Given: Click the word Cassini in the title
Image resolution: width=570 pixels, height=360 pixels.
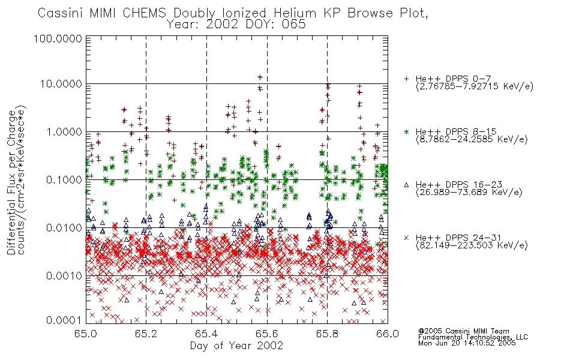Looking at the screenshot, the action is pyautogui.click(x=61, y=13).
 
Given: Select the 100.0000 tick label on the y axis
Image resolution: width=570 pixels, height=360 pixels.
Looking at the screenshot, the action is pyautogui.click(x=58, y=38).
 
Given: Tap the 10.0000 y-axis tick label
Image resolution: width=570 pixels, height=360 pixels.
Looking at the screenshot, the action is pyautogui.click(x=61, y=84).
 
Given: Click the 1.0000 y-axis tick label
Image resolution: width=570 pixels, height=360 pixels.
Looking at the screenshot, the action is pyautogui.click(x=64, y=131).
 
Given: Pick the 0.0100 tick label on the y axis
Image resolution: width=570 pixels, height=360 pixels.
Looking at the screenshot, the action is pyautogui.click(x=64, y=228).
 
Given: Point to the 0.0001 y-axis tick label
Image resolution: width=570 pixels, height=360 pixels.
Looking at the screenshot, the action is pyautogui.click(x=64, y=320).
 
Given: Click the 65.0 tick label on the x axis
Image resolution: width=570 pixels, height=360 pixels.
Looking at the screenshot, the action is pyautogui.click(x=86, y=334).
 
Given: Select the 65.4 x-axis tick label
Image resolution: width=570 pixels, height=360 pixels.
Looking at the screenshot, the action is pyautogui.click(x=206, y=334).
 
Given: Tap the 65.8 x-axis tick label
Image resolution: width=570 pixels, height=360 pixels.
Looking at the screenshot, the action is pyautogui.click(x=327, y=334).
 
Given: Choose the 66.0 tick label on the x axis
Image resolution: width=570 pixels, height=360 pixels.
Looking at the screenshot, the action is pyautogui.click(x=388, y=334).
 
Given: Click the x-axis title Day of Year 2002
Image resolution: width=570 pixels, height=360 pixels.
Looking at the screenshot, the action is pyautogui.click(x=236, y=346).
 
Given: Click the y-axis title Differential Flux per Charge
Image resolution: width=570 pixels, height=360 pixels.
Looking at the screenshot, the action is pyautogui.click(x=11, y=182).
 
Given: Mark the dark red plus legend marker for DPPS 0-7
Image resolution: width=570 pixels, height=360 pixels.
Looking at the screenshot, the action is pyautogui.click(x=406, y=79).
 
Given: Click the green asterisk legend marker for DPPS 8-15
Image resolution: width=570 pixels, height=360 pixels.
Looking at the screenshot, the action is pyautogui.click(x=406, y=131).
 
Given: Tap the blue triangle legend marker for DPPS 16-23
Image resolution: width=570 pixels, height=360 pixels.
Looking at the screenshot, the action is pyautogui.click(x=406, y=185).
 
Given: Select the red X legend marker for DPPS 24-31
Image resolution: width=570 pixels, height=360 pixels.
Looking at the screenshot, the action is pyautogui.click(x=406, y=238).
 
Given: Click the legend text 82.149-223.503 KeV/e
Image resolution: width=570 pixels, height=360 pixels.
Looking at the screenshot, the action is pyautogui.click(x=472, y=245).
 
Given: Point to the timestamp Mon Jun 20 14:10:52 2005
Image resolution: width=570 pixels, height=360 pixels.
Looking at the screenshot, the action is pyautogui.click(x=467, y=343).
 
